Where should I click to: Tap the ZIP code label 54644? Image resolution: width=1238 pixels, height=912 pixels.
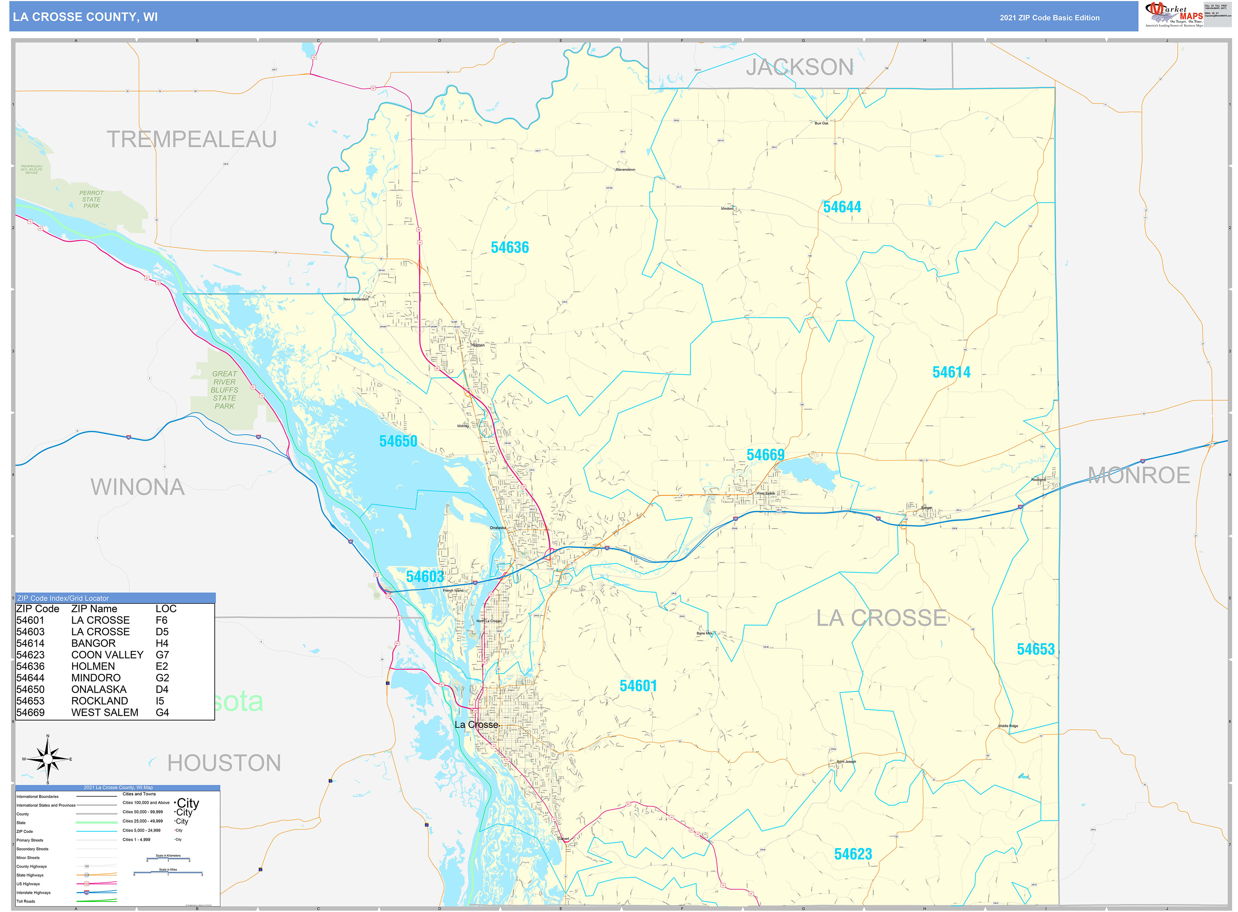tap(842, 207)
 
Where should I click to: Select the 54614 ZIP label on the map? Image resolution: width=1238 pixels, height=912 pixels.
tap(951, 372)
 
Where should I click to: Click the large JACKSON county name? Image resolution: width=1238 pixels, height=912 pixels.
tap(799, 67)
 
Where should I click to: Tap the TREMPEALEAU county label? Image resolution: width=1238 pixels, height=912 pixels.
tap(191, 139)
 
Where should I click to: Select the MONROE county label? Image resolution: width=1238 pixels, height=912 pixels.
tap(1139, 475)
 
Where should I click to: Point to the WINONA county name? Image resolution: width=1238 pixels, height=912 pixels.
tap(138, 487)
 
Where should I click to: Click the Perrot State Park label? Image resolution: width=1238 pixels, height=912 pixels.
tap(91, 199)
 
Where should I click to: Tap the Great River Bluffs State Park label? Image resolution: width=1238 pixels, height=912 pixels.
tap(224, 390)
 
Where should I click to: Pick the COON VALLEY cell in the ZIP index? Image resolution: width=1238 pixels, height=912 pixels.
tap(107, 655)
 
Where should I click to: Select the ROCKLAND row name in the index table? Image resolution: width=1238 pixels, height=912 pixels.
tap(99, 700)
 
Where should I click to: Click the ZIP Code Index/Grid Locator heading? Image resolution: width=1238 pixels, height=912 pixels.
tap(63, 598)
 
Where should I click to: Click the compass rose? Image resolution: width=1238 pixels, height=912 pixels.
tap(48, 759)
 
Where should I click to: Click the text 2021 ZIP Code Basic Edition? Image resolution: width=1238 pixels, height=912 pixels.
tap(1049, 18)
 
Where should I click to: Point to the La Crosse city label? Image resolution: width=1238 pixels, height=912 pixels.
tap(476, 724)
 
